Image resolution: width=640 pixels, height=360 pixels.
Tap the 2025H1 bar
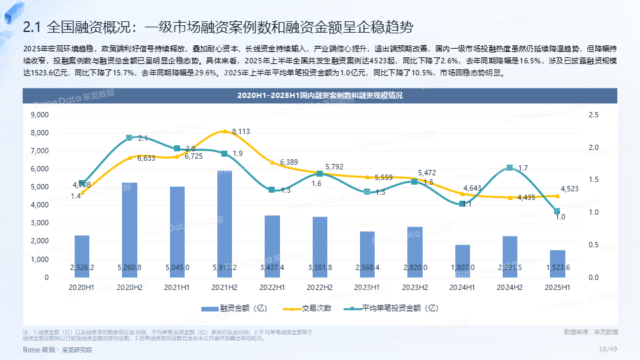pyautogui.click(x=557, y=263)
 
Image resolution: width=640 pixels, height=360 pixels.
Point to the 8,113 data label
pyautogui.click(x=241, y=132)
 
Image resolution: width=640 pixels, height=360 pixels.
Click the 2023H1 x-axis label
pyautogui.click(x=367, y=287)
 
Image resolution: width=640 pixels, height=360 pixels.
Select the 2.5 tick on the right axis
pyautogui.click(x=593, y=115)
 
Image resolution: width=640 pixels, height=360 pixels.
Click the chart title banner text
pyautogui.click(x=320, y=96)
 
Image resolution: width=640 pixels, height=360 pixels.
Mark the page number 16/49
pyautogui.click(x=608, y=349)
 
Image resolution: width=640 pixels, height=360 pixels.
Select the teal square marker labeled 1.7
pyautogui.click(x=510, y=168)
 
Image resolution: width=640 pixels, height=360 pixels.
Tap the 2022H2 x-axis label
pyautogui.click(x=319, y=287)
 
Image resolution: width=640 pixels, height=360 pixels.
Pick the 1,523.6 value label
pyautogui.click(x=557, y=267)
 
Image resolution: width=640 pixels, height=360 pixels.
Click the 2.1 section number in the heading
pyautogui.click(x=32, y=27)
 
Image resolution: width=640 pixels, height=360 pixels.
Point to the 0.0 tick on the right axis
pyautogui.click(x=593, y=277)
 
